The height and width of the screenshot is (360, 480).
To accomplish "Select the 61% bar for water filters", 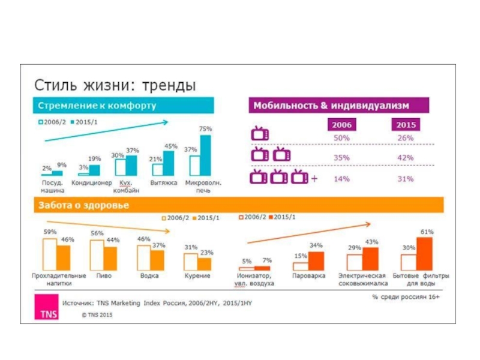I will tap(425, 253).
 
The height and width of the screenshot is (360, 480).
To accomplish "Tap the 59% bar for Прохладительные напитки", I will tap(50, 254).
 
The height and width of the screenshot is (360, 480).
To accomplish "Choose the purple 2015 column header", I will tap(406, 125).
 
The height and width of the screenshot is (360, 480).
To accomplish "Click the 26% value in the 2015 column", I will tap(406, 138).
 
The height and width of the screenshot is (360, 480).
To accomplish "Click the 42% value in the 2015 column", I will tap(406, 158).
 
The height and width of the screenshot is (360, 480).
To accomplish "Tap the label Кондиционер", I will tap(92, 182).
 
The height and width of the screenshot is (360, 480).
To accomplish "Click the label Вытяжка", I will tap(164, 182).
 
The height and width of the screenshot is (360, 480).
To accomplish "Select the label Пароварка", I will tap(308, 276).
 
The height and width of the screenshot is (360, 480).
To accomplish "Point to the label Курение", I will tap(197, 276).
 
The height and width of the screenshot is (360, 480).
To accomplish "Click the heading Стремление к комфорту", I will tap(98, 106).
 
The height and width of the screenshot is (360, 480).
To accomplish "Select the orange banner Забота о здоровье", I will tap(84, 205).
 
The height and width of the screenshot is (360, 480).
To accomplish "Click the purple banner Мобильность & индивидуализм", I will tap(331, 106).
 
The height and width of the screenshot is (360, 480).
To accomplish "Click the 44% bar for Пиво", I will tap(110, 257).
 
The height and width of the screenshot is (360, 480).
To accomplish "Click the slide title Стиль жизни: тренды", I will tap(114, 82).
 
